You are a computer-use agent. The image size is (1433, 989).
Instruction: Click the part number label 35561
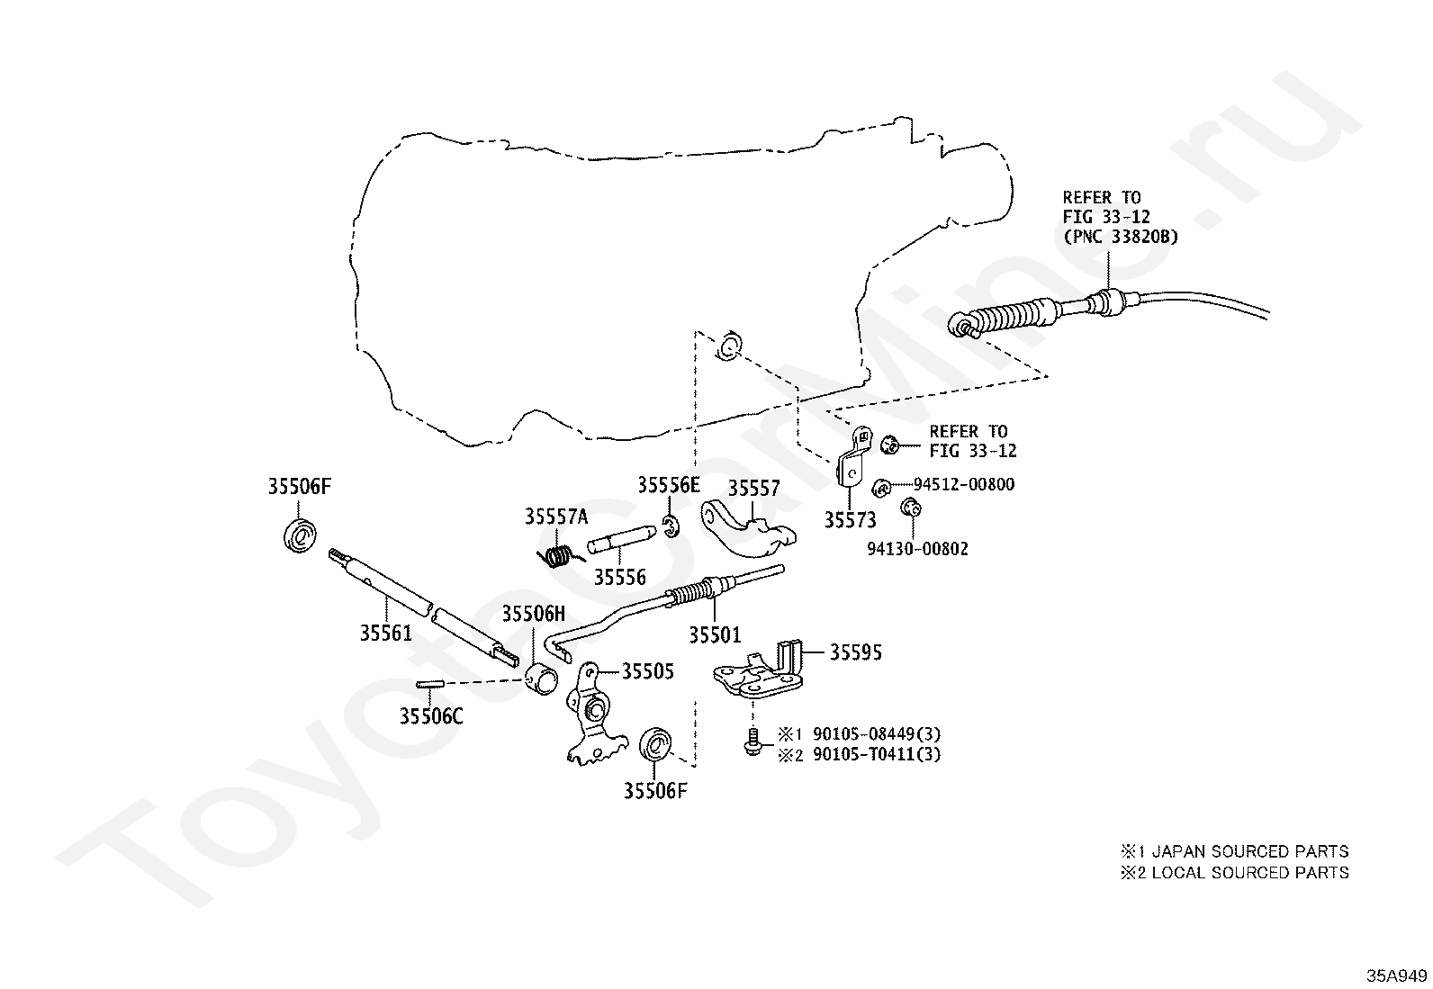pos(386,633)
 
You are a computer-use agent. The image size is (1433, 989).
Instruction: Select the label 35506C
pos(430,715)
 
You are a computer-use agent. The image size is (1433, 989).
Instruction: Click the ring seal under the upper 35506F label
pos(300,535)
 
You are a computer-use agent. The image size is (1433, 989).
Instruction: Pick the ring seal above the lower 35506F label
pos(655,743)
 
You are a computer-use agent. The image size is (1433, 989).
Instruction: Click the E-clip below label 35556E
pos(671,526)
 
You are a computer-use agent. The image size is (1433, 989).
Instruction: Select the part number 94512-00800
pos(963,484)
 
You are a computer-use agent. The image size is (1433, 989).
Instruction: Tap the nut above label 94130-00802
pos(910,508)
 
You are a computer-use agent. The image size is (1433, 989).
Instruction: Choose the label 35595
pos(855,652)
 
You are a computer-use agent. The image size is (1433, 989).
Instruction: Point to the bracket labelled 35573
pos(852,462)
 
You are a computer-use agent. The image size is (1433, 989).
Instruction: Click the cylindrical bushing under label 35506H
pos(541,679)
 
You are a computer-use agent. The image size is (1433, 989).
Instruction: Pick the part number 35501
pos(715,634)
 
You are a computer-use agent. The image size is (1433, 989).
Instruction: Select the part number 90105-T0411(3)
pos(877,754)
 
